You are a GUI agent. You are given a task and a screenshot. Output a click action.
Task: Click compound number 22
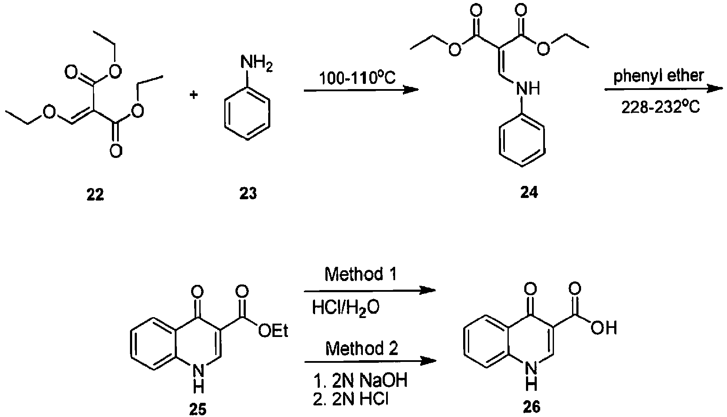[95, 194]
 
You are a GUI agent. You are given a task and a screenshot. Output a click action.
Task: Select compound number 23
[248, 194]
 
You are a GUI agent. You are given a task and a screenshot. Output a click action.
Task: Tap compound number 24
[529, 193]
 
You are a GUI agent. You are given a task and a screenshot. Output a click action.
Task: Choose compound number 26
[531, 407]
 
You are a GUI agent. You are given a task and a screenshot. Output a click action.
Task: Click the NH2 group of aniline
[256, 62]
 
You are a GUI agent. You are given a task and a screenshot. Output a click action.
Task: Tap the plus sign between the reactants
[194, 96]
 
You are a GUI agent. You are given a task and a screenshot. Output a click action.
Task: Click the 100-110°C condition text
[357, 78]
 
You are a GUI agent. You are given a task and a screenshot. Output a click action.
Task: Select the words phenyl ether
[659, 76]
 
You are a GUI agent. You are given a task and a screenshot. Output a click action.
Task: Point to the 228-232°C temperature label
[660, 108]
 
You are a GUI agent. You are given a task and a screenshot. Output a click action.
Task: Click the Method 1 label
[361, 274]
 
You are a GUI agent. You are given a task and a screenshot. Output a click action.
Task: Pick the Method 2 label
[362, 349]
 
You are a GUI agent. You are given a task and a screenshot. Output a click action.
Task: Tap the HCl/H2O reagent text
[346, 308]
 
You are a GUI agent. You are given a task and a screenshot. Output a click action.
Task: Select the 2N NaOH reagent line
[360, 380]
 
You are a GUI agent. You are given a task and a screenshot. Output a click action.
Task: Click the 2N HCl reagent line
[350, 399]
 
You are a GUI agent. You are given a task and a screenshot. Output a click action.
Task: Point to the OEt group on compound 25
[273, 331]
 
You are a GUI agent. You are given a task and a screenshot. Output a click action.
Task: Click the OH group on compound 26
[603, 328]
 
